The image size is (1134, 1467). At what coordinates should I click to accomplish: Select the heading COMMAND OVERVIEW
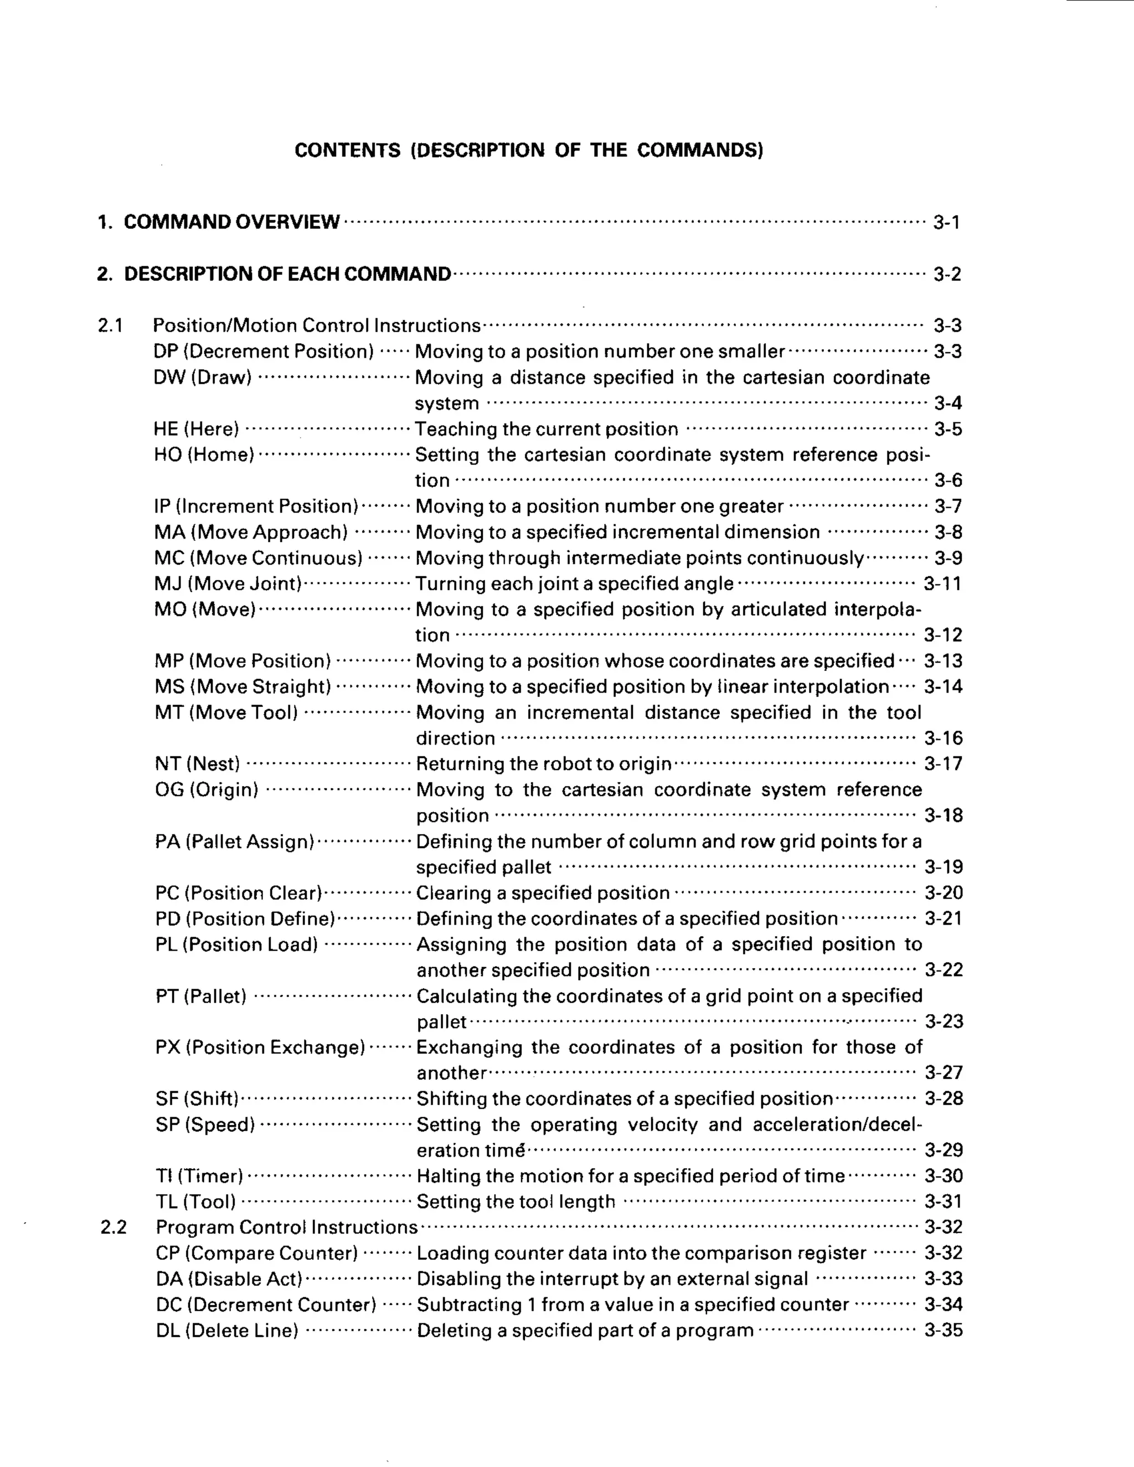(232, 221)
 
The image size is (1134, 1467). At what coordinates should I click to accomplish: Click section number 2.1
(110, 326)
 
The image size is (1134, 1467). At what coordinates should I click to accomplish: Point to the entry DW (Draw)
(202, 378)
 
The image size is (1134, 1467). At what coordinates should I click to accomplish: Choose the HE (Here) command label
(196, 429)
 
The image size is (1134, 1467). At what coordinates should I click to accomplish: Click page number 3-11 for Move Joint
(942, 583)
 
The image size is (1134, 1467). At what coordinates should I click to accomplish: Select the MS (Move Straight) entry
(243, 686)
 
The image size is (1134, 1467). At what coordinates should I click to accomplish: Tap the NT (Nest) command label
(198, 764)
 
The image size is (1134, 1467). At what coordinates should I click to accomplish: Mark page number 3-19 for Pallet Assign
(943, 866)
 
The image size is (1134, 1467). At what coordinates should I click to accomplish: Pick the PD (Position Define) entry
(245, 918)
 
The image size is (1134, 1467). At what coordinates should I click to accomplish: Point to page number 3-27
(943, 1073)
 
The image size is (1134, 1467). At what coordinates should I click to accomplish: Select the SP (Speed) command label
(205, 1124)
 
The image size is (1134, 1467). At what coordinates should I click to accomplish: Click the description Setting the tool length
(516, 1202)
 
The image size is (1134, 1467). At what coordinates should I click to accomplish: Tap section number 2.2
(113, 1227)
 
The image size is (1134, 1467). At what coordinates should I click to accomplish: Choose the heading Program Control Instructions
(287, 1227)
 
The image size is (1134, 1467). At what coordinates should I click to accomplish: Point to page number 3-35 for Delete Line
(943, 1331)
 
